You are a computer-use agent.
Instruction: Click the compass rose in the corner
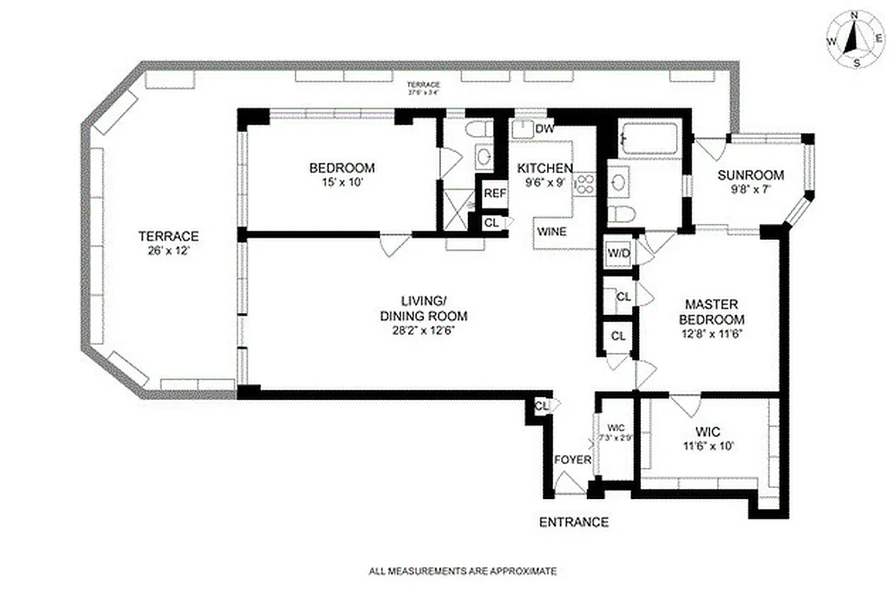pos(855,41)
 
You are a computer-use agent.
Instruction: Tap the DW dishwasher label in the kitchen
pos(545,128)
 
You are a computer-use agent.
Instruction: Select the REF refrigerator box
pos(495,193)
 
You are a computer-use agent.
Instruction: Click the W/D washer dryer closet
pos(618,253)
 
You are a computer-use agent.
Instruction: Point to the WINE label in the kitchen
pos(551,231)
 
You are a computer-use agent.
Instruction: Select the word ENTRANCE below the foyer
pos(574,522)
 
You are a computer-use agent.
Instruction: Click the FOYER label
pos(572,460)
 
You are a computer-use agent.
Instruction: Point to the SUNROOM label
pos(751,176)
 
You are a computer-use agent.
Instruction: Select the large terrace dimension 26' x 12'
pos(169,251)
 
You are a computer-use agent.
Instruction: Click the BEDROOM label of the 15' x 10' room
pos(342,168)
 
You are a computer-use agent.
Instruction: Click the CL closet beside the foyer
pos(542,406)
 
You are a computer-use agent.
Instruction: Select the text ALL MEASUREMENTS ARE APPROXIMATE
pos(463,572)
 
